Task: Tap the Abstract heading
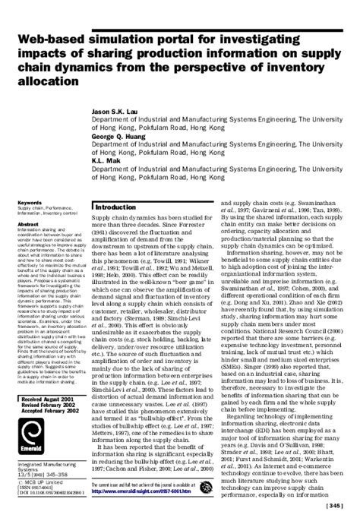tap(27, 204)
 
